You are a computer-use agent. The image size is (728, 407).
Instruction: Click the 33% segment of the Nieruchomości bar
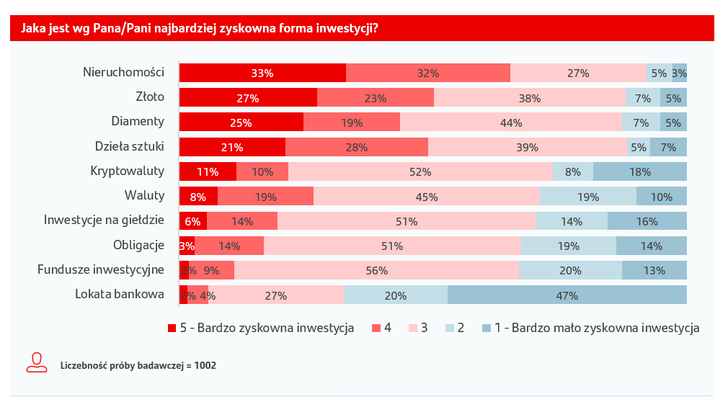(262, 73)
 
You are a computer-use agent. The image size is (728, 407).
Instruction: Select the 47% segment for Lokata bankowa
(567, 295)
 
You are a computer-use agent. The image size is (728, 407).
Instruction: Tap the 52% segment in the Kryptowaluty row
(420, 172)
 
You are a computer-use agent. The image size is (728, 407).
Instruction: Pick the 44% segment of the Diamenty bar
(511, 122)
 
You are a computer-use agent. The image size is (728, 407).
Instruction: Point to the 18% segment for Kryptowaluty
(640, 172)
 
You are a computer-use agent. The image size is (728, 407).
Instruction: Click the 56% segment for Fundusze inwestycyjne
(376, 271)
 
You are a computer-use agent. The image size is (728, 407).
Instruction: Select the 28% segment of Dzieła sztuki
(357, 147)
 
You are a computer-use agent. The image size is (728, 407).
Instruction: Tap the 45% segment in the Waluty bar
(427, 197)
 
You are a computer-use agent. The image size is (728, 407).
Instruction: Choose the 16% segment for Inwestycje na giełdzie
(647, 221)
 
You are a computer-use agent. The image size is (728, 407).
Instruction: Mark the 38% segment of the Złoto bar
(530, 98)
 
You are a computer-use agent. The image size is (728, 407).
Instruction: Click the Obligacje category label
(138, 245)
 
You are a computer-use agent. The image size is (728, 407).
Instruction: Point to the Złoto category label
(150, 97)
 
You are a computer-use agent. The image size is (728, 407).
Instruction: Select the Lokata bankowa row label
(120, 294)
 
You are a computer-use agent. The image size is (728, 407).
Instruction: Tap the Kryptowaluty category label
(128, 171)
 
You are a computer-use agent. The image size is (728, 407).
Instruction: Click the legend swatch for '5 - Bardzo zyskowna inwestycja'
(172, 328)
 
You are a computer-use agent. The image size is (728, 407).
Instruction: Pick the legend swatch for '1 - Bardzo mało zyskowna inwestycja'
(487, 328)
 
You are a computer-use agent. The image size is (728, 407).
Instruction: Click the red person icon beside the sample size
(37, 362)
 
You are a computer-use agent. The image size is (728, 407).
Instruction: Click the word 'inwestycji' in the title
(343, 29)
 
